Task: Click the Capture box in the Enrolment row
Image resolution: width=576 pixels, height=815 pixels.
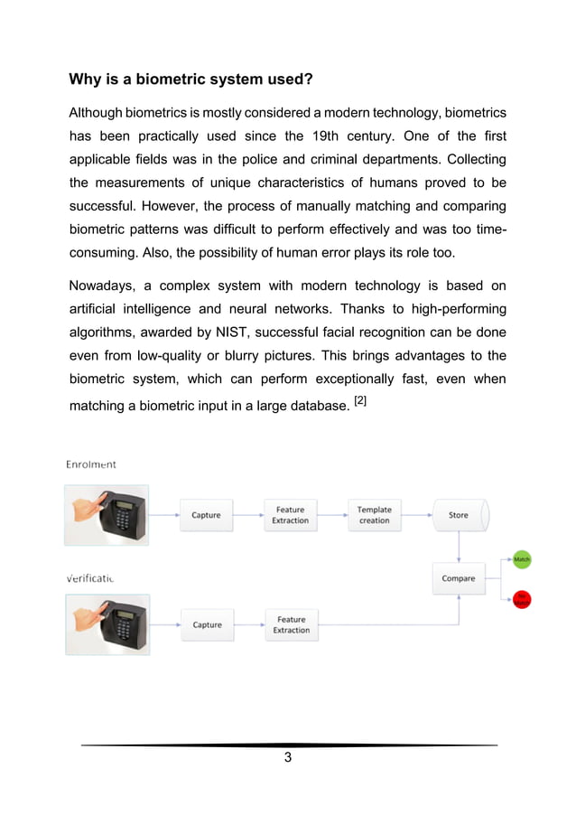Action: point(206,515)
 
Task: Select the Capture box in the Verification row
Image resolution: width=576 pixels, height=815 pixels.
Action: point(207,624)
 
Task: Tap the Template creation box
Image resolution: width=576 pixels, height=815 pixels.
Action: point(374,515)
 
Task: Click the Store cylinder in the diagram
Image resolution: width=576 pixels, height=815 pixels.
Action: point(459,515)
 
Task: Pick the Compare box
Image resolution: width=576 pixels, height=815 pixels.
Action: point(459,578)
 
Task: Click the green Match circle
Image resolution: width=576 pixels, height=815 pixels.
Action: point(522,560)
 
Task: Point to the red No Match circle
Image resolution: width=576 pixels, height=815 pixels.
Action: point(522,598)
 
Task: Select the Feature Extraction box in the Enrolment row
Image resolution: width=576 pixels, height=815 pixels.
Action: point(290,515)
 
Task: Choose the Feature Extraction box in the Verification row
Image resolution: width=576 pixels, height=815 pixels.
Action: point(291,624)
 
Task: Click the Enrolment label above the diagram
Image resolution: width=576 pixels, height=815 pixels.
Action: point(91,464)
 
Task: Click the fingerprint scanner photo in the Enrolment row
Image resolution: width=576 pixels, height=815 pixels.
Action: point(107,515)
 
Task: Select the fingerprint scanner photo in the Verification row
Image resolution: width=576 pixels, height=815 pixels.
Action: point(107,624)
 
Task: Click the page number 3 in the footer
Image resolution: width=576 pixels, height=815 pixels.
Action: point(288,757)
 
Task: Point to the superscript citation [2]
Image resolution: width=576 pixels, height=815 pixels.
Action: point(360,399)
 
